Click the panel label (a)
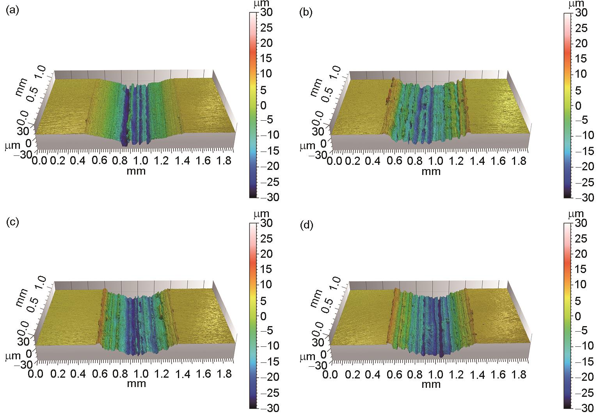click(13, 11)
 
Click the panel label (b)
click(306, 12)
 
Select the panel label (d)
click(306, 225)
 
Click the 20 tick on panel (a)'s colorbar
click(266, 43)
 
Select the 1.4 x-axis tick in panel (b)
click(478, 161)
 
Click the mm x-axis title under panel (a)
click(136, 171)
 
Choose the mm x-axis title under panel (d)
click(431, 384)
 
